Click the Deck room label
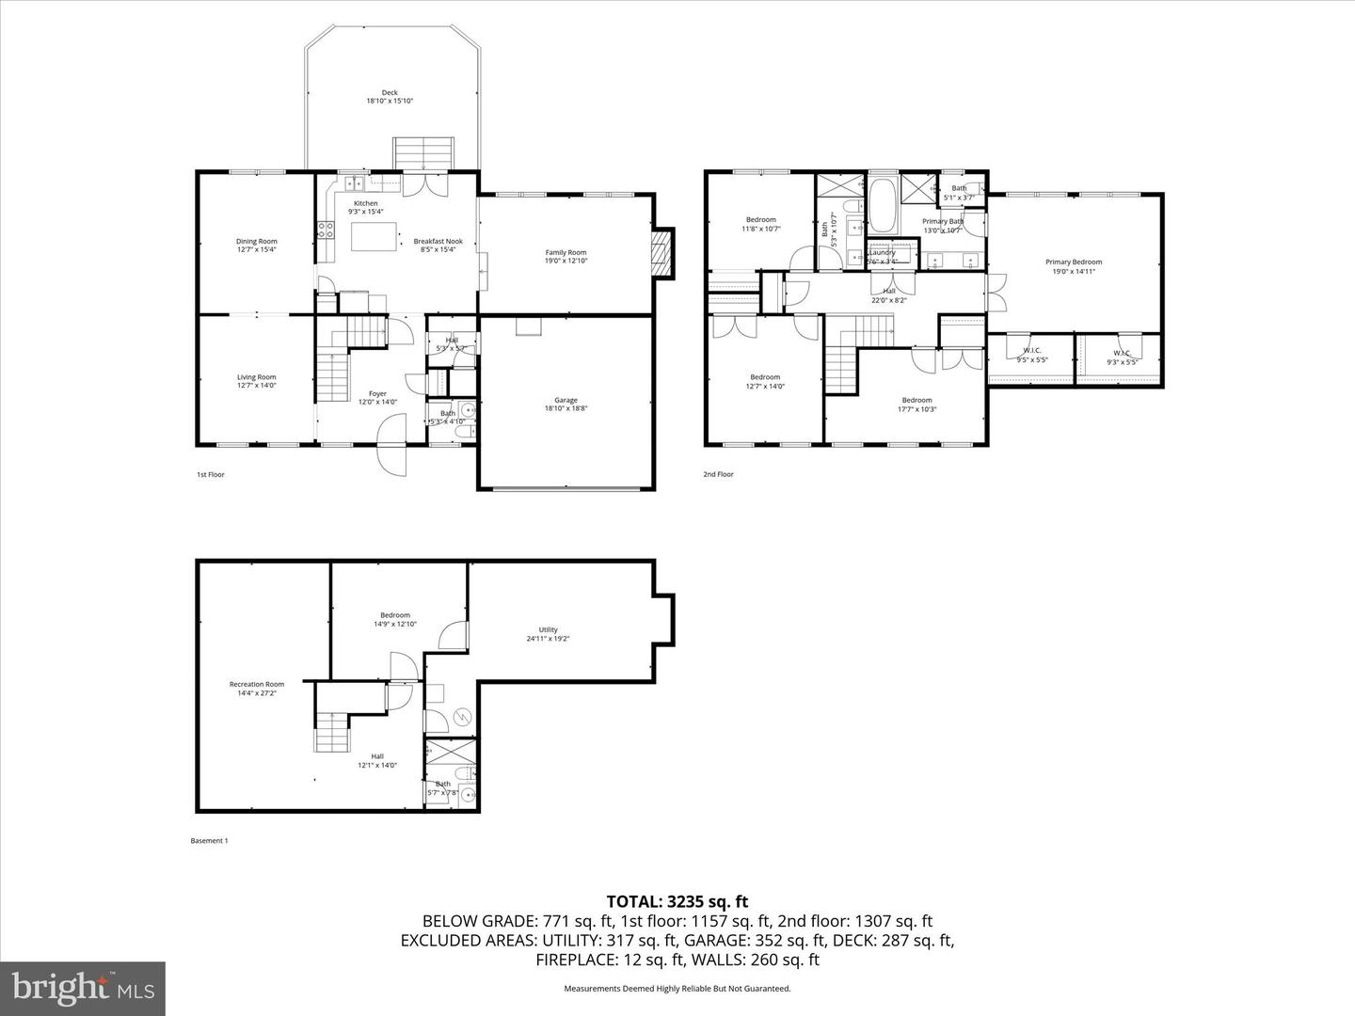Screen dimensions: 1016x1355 [390, 97]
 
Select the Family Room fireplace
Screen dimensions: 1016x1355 [664, 253]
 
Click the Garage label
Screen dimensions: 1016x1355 [566, 405]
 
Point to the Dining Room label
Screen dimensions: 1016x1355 [256, 246]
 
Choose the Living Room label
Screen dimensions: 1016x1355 [256, 381]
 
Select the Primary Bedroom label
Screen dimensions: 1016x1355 [1073, 266]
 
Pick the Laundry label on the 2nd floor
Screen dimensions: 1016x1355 [883, 256]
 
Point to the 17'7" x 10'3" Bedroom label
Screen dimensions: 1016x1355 [917, 405]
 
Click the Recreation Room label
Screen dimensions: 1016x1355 [257, 689]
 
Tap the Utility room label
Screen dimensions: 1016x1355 [549, 634]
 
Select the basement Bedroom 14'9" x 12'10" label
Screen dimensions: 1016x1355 [395, 619]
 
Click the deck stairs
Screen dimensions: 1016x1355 [422, 151]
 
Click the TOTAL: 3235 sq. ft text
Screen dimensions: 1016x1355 [677, 902]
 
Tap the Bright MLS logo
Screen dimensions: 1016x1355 [83, 988]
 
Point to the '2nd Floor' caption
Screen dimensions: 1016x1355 [719, 474]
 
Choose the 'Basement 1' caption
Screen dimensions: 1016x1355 [209, 841]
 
